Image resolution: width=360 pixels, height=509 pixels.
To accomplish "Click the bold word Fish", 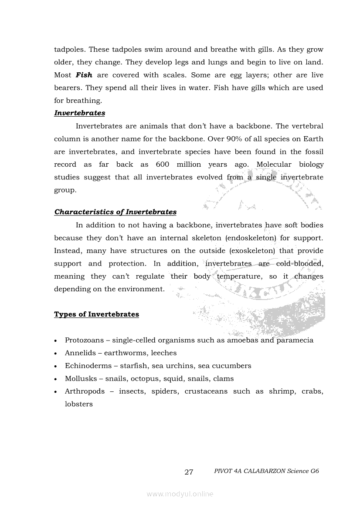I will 84,75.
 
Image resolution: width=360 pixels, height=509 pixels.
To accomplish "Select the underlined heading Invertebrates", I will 79,113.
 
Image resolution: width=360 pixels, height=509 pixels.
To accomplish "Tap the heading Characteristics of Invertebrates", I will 115,212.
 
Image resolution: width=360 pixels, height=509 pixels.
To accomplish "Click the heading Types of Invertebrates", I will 96,314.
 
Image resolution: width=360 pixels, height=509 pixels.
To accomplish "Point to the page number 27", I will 189,472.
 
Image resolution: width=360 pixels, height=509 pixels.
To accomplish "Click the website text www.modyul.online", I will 180,494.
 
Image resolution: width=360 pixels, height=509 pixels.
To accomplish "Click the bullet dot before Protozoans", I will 56,340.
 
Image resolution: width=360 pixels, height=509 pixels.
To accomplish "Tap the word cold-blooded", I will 299,263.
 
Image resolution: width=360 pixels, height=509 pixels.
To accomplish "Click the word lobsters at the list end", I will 79,404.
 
